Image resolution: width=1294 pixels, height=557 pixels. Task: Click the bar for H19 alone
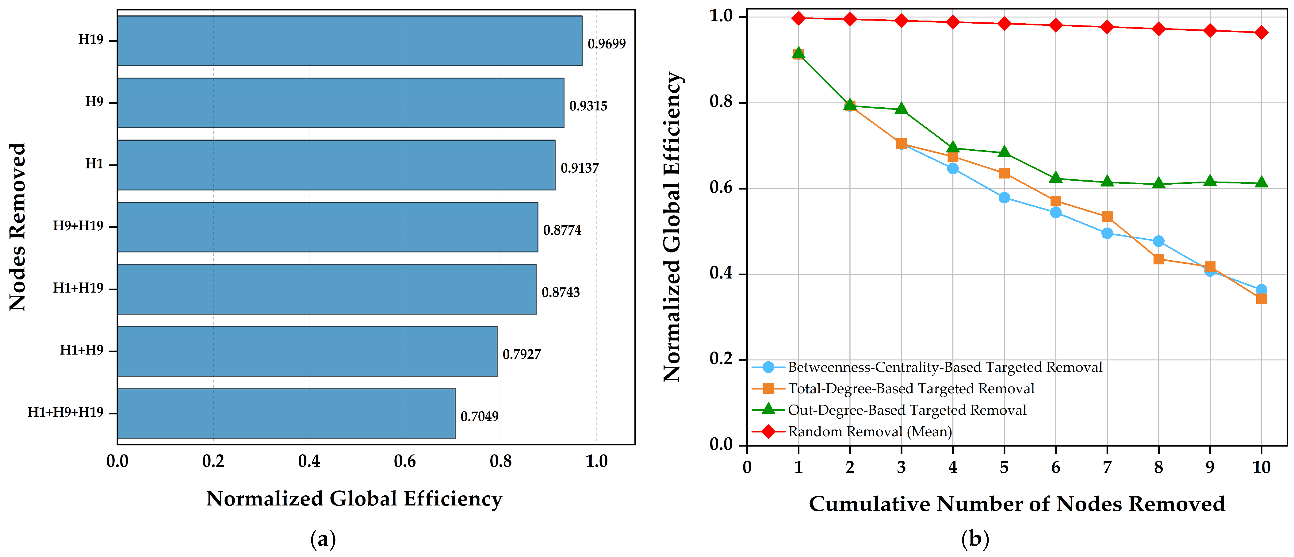tap(350, 41)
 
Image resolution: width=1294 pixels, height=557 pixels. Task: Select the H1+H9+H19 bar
tap(286, 413)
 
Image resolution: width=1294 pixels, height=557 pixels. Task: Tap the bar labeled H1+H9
tap(308, 351)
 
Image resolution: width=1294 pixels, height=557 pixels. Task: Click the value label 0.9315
tap(588, 106)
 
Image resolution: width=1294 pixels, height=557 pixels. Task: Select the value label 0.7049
tap(480, 416)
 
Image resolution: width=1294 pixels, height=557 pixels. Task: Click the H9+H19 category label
tap(78, 226)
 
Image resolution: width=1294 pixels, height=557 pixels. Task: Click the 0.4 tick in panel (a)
tap(309, 461)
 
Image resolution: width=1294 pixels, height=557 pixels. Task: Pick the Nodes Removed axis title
tap(17, 227)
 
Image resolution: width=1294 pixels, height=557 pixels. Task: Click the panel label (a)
tap(323, 540)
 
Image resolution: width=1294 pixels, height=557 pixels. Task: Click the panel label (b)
tap(975, 540)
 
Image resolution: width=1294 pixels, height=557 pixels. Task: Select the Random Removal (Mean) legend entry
tap(852, 432)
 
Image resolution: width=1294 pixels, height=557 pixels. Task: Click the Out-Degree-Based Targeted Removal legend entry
tap(889, 410)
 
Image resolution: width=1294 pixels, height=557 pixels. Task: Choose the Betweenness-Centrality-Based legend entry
tap(927, 367)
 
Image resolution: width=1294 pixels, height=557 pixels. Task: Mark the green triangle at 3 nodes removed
tap(901, 109)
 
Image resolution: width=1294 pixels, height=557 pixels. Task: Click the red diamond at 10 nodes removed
tap(1261, 33)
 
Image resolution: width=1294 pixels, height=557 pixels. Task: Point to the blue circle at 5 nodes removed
tap(1004, 198)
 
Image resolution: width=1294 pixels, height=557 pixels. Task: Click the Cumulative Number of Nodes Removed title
tap(1017, 504)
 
